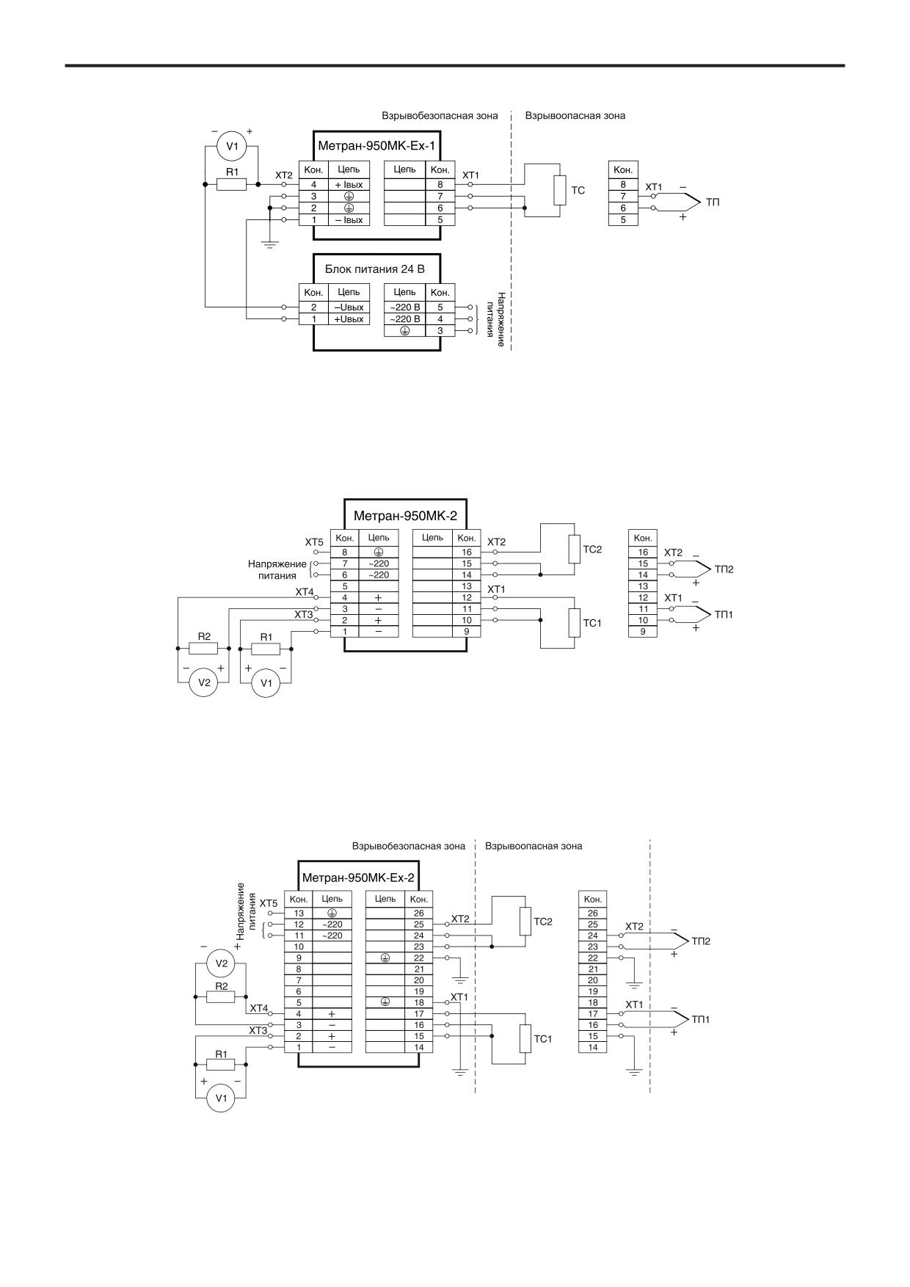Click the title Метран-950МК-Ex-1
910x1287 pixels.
click(376, 145)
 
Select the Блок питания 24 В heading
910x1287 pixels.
click(375, 269)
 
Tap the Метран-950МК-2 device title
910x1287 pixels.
click(405, 515)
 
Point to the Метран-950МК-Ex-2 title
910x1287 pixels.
click(358, 877)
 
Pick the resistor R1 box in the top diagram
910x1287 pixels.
click(231, 184)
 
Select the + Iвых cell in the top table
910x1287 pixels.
click(349, 185)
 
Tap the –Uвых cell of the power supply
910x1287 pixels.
click(349, 307)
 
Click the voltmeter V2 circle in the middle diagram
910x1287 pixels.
click(204, 682)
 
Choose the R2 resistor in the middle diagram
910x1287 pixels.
click(204, 649)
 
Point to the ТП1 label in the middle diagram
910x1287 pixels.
click(724, 614)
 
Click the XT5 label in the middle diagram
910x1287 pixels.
click(314, 542)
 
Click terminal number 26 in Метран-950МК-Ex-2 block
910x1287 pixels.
click(418, 914)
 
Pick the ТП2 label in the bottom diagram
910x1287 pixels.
click(701, 941)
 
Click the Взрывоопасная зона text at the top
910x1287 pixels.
click(575, 115)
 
